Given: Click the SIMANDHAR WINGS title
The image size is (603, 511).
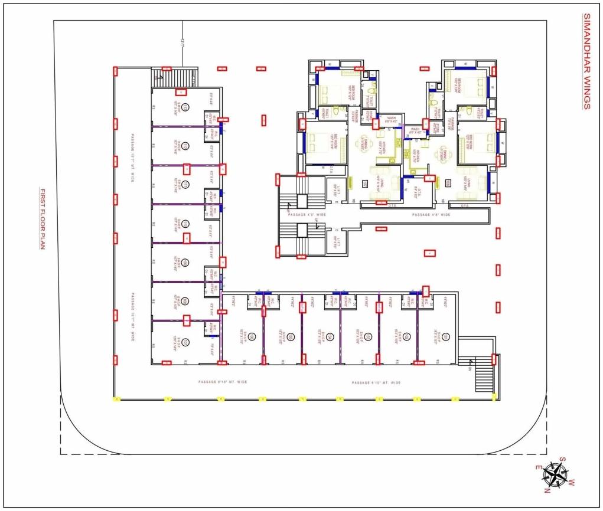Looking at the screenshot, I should pyautogui.click(x=586, y=61).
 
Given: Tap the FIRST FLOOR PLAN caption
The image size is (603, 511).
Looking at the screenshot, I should pyautogui.click(x=43, y=219).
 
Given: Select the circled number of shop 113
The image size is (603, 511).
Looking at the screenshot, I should pyautogui.click(x=185, y=107).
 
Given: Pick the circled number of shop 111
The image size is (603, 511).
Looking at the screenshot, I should pyautogui.click(x=185, y=185).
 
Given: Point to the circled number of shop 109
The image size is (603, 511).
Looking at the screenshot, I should pyautogui.click(x=185, y=262).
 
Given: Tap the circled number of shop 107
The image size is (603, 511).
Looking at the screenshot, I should pyautogui.click(x=185, y=342).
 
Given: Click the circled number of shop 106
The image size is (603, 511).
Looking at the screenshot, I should pyautogui.click(x=252, y=337).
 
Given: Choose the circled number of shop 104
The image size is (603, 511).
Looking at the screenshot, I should pyautogui.click(x=329, y=337).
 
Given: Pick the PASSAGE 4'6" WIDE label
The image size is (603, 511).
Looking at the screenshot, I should pyautogui.click(x=431, y=215).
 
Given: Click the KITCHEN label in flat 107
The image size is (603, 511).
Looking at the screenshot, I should pyautogui.click(x=382, y=148).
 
